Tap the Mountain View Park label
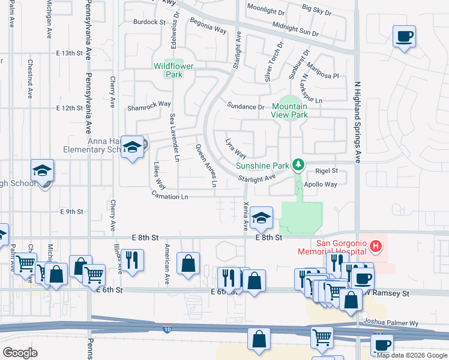289,110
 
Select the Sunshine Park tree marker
297,164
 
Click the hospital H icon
376,245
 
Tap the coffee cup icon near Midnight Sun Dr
404,37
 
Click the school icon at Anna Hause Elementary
131,147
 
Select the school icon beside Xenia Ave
261,218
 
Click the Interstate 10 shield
167,329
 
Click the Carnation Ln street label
170,197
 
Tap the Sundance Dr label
246,107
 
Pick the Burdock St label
149,22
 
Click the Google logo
20,353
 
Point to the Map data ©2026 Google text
411,355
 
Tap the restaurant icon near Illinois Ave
132,260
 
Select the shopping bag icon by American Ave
188,263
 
